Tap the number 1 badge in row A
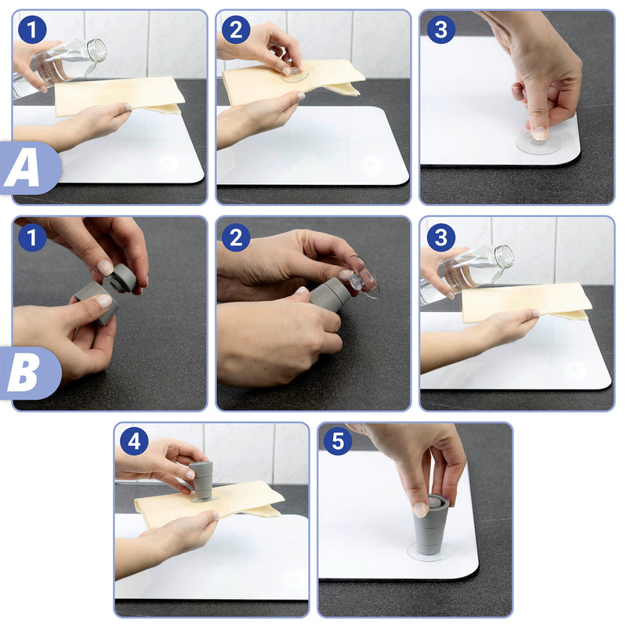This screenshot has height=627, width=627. pyautogui.click(x=32, y=30)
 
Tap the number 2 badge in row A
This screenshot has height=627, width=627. pyautogui.click(x=236, y=30)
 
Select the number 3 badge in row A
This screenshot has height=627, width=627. pyautogui.click(x=440, y=30)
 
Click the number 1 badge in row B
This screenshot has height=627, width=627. pyautogui.click(x=32, y=237)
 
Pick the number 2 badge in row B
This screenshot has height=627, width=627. pyautogui.click(x=236, y=237)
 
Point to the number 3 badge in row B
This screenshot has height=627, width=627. pyautogui.click(x=440, y=237)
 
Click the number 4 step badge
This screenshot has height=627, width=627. pyautogui.click(x=134, y=441)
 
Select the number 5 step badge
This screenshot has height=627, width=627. pyautogui.click(x=339, y=441)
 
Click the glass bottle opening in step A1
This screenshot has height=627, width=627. pyautogui.click(x=97, y=50)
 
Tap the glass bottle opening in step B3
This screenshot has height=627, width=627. pyautogui.click(x=505, y=256)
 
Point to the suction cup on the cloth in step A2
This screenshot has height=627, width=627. pyautogui.click(x=295, y=74)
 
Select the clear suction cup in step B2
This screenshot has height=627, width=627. pyautogui.click(x=363, y=277)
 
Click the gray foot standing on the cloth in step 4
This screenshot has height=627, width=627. pyautogui.click(x=202, y=482)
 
